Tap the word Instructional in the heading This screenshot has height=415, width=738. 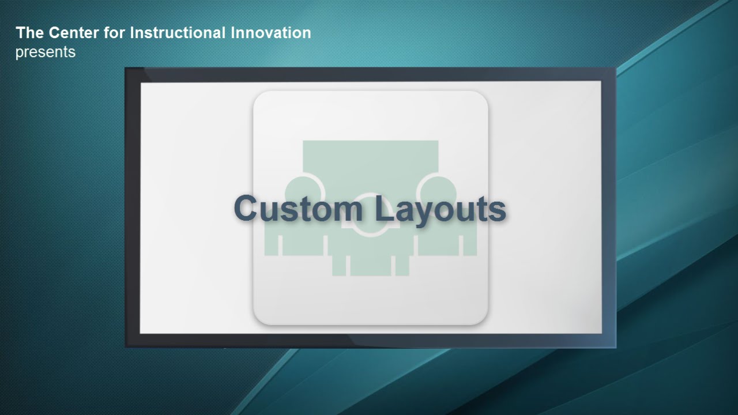[x=178, y=33]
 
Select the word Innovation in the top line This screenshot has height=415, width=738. [x=271, y=33]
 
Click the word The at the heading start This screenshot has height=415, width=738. [x=29, y=33]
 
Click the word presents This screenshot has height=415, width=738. [x=46, y=52]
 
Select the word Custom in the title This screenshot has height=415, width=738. [x=298, y=208]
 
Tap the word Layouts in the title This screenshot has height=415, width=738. [x=440, y=211]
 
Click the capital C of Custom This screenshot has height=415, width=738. [x=246, y=208]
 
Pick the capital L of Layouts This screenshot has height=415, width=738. [x=384, y=208]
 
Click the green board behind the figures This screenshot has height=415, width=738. [x=370, y=158]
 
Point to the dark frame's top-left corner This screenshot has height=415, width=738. [x=125, y=68]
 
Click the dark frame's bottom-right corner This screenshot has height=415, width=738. [x=616, y=348]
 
